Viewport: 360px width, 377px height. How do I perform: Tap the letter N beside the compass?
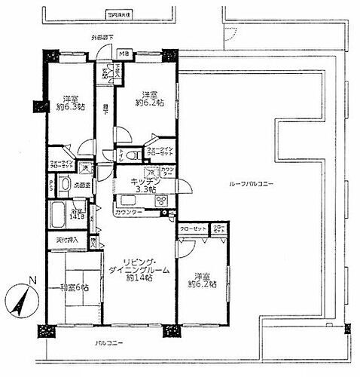pyautogui.click(x=32, y=281)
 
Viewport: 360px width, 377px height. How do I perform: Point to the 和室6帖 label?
pyautogui.click(x=75, y=287)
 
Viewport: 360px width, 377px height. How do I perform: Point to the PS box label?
pyautogui.click(x=50, y=185)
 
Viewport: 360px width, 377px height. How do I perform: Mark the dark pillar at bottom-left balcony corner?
pyautogui.click(x=47, y=331)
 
